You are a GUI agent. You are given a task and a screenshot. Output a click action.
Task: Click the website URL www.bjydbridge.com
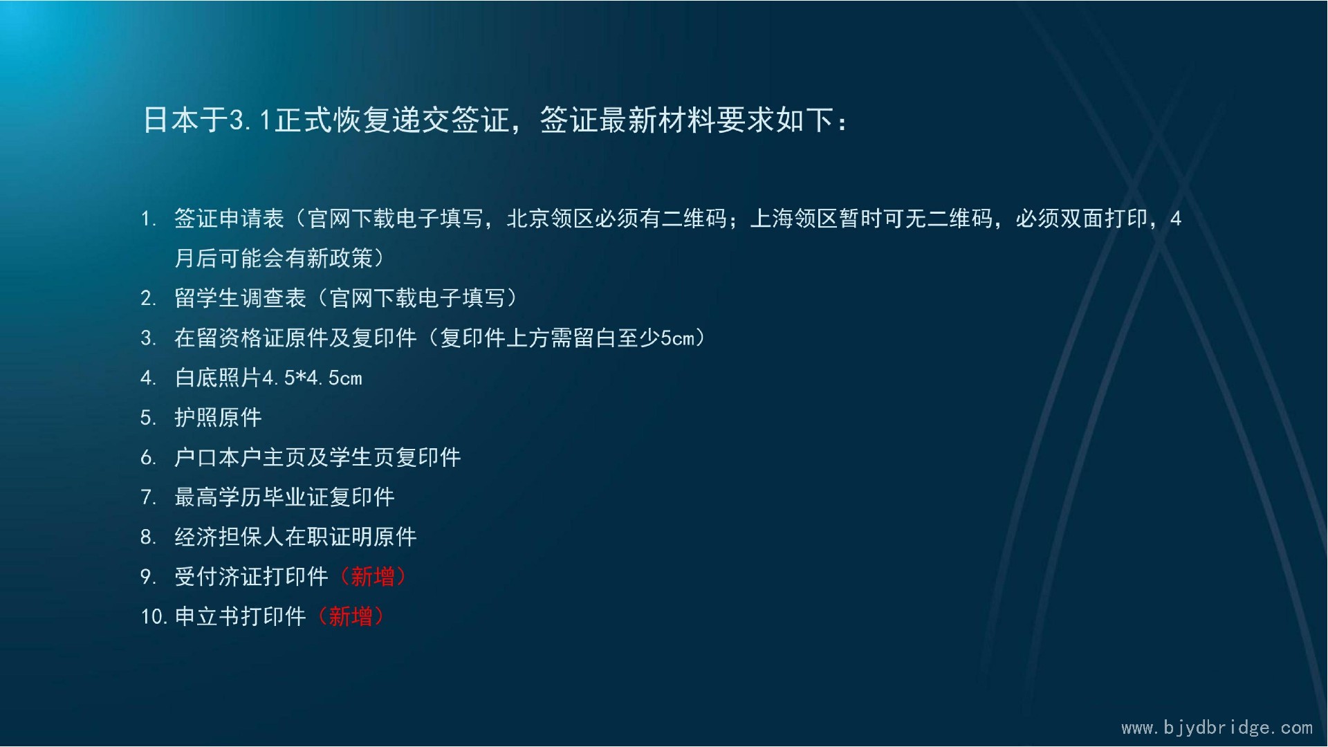pyautogui.click(x=1217, y=728)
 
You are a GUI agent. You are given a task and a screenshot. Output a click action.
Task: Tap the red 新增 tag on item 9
pyautogui.click(x=373, y=576)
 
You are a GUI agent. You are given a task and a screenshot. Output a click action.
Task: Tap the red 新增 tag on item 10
pyautogui.click(x=351, y=616)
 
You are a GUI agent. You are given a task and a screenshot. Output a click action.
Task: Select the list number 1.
pyautogui.click(x=147, y=219)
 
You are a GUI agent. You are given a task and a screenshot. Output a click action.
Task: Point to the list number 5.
pyautogui.click(x=147, y=418)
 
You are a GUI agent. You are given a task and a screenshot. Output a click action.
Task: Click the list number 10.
pyautogui.click(x=154, y=616)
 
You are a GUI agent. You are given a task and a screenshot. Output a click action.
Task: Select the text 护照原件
pyautogui.click(x=218, y=417)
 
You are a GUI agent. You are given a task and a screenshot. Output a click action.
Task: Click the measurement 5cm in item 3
pyautogui.click(x=677, y=338)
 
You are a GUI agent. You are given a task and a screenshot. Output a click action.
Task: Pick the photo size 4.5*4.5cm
pyautogui.click(x=312, y=378)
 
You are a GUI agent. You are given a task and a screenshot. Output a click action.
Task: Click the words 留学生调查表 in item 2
pyautogui.click(x=240, y=298)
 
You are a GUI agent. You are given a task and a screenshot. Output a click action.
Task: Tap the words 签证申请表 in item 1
pyautogui.click(x=229, y=219)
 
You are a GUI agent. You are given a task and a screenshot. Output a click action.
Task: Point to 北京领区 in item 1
pyautogui.click(x=551, y=219)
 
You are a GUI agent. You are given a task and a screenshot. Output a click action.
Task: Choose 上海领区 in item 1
pyautogui.click(x=794, y=219)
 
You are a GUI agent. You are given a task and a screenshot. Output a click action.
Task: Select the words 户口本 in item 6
pyautogui.click(x=207, y=457)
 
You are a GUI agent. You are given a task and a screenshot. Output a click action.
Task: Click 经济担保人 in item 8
pyautogui.click(x=229, y=537)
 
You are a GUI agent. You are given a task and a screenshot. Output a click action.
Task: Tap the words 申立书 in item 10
pyautogui.click(x=207, y=616)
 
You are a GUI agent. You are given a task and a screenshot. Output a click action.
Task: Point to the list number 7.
pyautogui.click(x=147, y=497)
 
